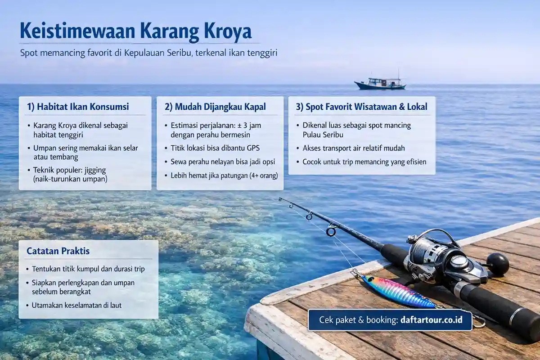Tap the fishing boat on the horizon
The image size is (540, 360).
pyautogui.click(x=380, y=83)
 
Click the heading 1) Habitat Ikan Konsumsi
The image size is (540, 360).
pyautogui.click(x=78, y=107)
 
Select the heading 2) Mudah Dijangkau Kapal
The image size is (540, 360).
pyautogui.click(x=215, y=107)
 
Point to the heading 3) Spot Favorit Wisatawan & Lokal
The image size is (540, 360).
pyautogui.click(x=361, y=107)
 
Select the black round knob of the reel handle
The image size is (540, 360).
pyautogui.click(x=497, y=264)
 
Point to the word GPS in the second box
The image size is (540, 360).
pyautogui.click(x=254, y=148)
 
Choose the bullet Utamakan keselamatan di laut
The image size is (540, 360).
pyautogui.click(x=76, y=305)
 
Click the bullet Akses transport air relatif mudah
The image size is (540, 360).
pyautogui.click(x=354, y=148)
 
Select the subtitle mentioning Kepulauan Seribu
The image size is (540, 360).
pyautogui.click(x=148, y=53)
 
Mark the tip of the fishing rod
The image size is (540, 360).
pyautogui.click(x=280, y=198)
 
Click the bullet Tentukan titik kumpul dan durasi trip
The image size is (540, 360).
pyautogui.click(x=88, y=269)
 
